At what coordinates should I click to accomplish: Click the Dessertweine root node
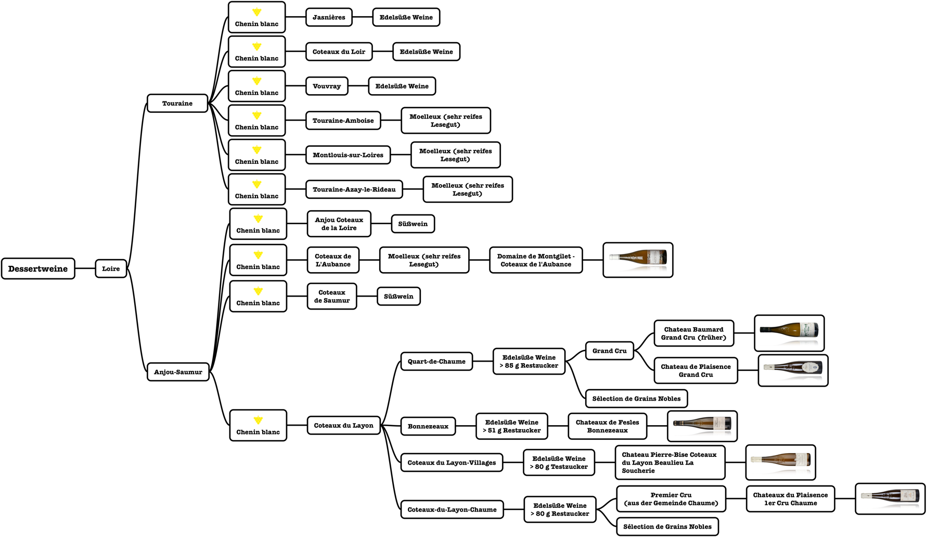coord(38,268)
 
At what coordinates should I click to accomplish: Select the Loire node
coord(111,268)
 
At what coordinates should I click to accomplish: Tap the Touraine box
coord(177,103)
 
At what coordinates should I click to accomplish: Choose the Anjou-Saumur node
coord(178,372)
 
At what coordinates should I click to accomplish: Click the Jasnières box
coord(329,17)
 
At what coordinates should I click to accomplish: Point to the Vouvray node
coord(327,86)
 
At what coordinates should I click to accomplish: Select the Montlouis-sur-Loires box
coord(348,155)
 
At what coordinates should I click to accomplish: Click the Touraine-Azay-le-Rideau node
coord(354,189)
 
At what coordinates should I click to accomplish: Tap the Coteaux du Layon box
coord(343,425)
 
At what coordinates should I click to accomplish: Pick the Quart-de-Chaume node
coord(436,361)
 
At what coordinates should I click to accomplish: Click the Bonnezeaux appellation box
coord(428,426)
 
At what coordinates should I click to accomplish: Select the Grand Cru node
coord(609,351)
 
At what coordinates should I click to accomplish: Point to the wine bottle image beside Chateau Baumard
coord(789,333)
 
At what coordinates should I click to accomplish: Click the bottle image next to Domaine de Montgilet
coord(638,260)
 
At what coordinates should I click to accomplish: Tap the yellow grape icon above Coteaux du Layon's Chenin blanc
coord(258,420)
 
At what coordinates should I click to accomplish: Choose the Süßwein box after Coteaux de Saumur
coord(398,296)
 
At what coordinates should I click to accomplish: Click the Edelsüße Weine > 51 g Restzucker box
coord(511,426)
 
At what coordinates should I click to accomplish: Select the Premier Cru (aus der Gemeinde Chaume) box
coord(671,499)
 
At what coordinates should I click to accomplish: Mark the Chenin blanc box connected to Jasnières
coord(256,17)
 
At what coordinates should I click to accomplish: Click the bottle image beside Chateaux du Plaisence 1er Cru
coord(890,498)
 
